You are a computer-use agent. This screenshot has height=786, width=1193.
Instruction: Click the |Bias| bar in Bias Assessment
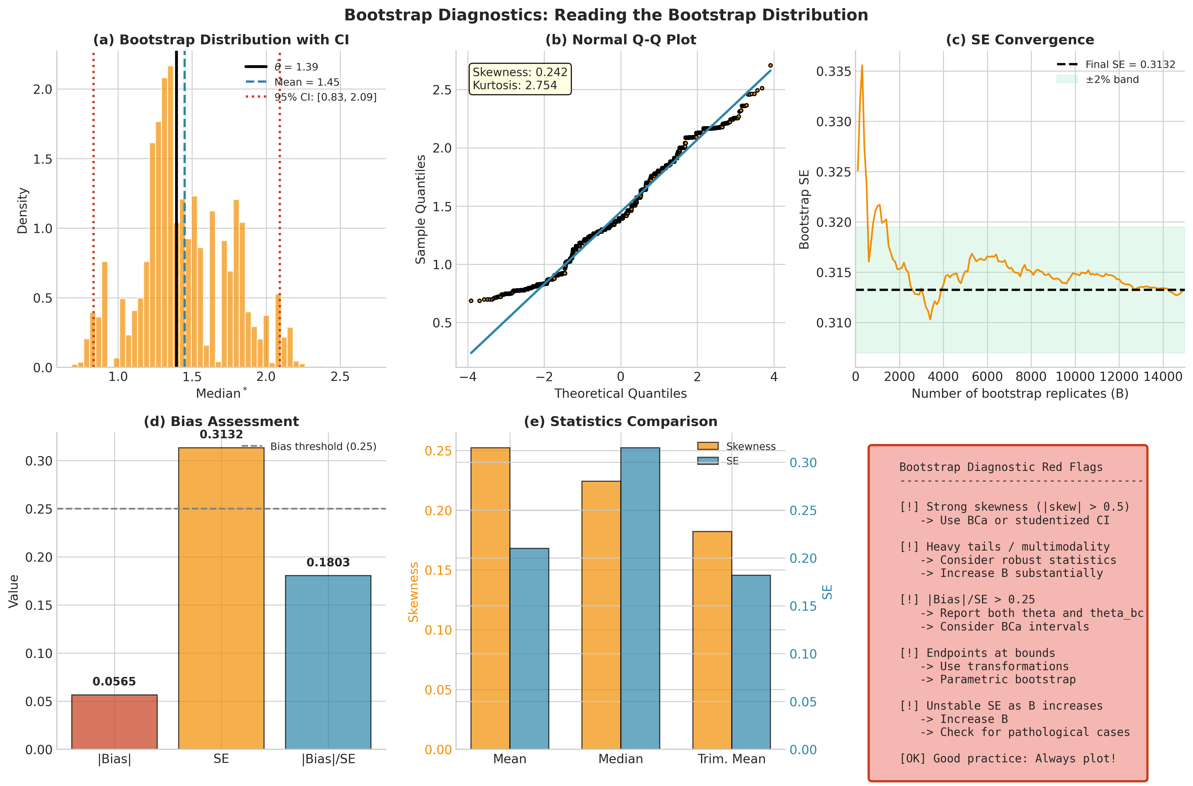[114, 722]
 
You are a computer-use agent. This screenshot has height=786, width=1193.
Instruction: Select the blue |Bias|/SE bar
[328, 662]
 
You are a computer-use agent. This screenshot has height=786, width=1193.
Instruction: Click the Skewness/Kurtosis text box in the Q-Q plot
[520, 79]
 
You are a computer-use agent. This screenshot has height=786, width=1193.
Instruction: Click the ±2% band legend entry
[1098, 79]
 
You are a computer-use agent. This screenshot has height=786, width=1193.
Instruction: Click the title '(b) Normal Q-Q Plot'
[621, 40]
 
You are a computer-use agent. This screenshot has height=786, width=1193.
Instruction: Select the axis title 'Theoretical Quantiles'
[621, 393]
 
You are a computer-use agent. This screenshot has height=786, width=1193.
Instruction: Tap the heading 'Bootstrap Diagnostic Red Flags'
[1000, 467]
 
